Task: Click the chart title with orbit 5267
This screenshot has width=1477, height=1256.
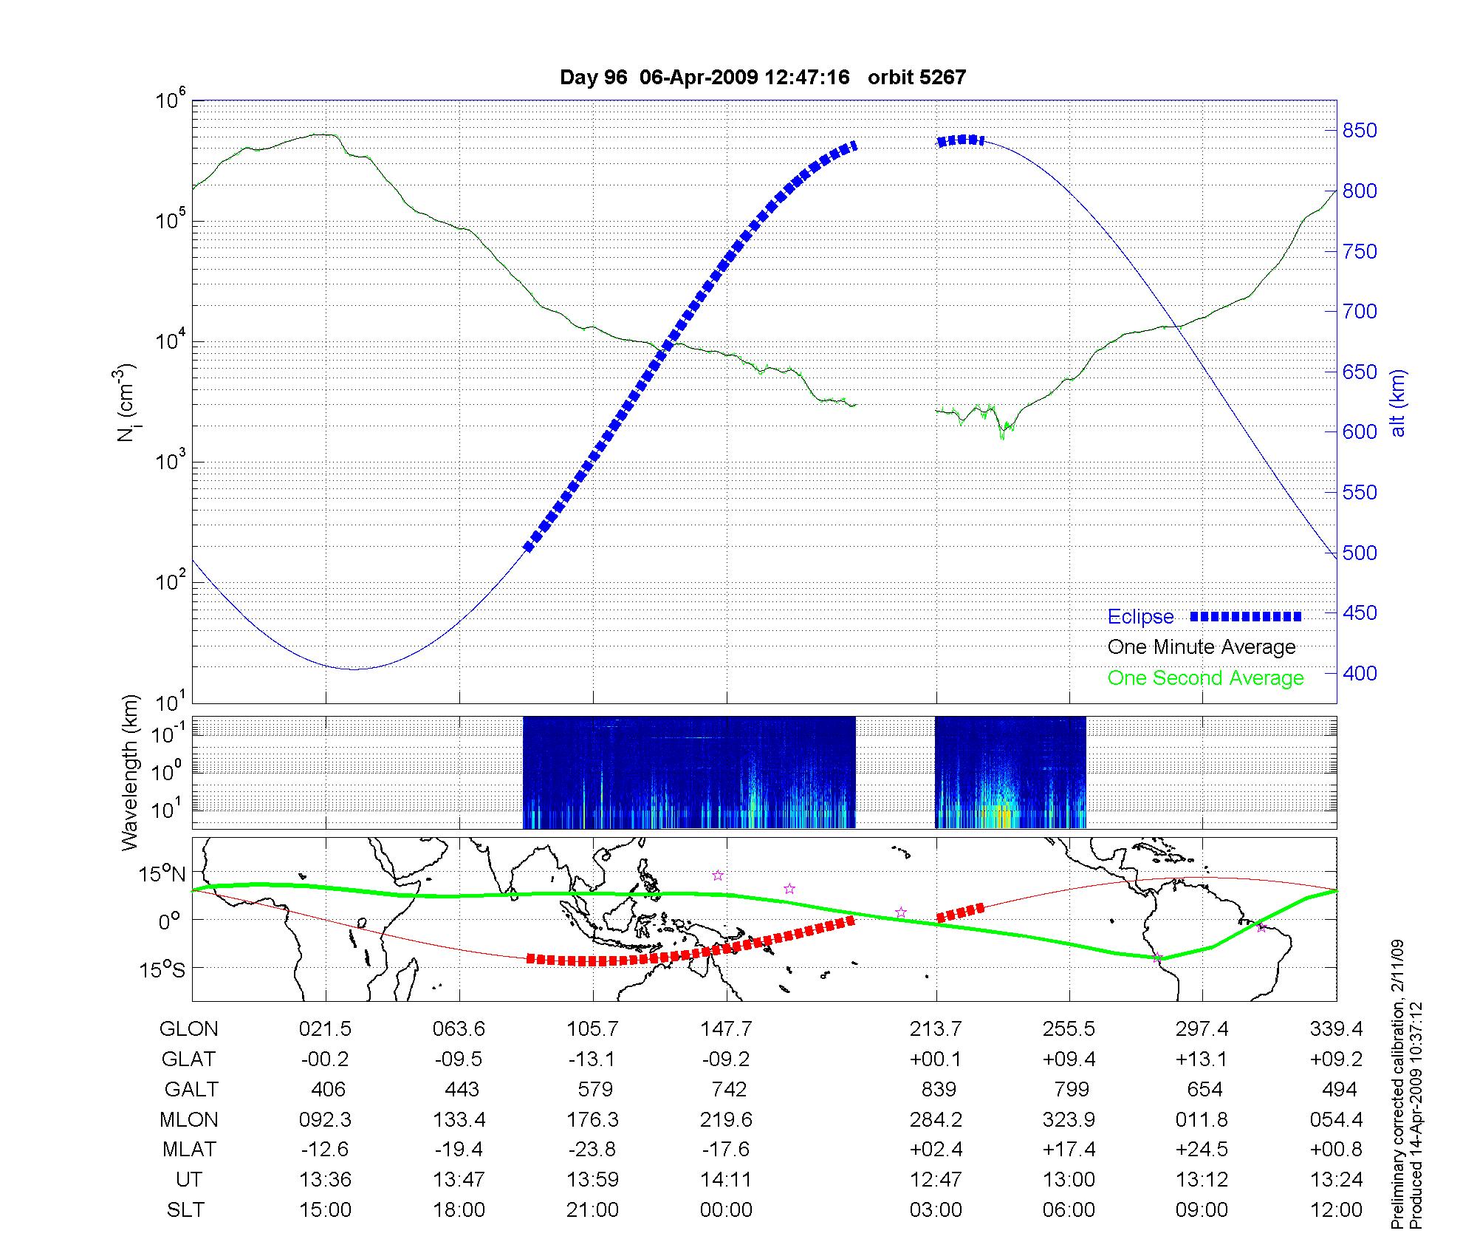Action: coord(763,78)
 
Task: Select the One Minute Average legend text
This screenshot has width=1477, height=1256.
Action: coord(1202,647)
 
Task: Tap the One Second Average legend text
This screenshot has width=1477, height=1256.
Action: coord(1205,678)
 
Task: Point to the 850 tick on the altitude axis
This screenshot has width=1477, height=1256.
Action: coord(1360,131)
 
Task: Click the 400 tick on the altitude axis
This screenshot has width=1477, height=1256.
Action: coord(1360,673)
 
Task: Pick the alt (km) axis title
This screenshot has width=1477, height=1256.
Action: coord(1398,403)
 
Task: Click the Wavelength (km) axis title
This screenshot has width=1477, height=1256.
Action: coord(130,772)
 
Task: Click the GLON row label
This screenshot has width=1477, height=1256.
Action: coord(189,1029)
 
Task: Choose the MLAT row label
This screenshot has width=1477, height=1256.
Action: coord(189,1150)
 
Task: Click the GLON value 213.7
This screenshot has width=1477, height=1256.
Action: coord(936,1029)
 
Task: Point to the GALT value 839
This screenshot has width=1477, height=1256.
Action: coord(939,1090)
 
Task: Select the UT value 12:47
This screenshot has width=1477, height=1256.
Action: coord(936,1180)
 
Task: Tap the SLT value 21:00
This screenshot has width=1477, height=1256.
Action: coord(592,1210)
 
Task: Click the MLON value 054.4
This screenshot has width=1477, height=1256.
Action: coord(1336,1120)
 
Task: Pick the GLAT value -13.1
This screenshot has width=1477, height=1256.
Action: coord(592,1059)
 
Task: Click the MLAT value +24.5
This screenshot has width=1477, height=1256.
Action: coord(1202,1150)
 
